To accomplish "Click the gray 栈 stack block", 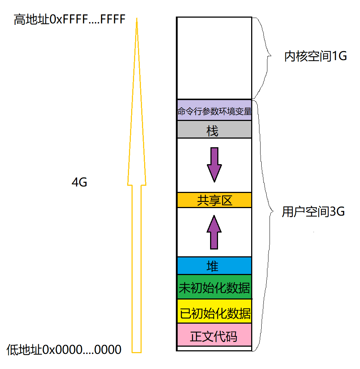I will click(x=214, y=130).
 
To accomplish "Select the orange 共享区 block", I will click(x=214, y=200).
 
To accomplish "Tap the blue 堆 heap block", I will click(x=214, y=266).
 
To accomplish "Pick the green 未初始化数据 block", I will click(x=214, y=287).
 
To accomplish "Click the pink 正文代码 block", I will click(x=214, y=335).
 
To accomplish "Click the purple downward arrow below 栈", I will click(x=214, y=164).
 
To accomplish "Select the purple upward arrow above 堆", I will click(x=214, y=233).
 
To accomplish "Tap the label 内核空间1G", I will click(x=315, y=57).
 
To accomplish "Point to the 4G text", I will click(x=79, y=183).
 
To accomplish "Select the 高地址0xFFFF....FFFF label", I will click(x=69, y=19).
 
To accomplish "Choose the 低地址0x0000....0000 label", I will click(x=64, y=349).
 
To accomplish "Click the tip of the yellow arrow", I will click(x=137, y=19).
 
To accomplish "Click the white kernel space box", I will click(x=214, y=58).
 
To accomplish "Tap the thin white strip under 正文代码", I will click(x=214, y=348).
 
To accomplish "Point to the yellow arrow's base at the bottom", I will click(x=137, y=351).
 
